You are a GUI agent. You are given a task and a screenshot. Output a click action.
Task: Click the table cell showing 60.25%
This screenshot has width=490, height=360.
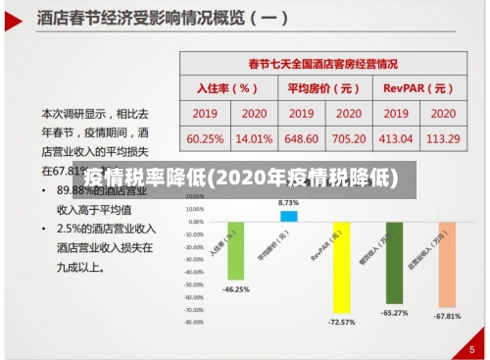pyautogui.click(x=205, y=138)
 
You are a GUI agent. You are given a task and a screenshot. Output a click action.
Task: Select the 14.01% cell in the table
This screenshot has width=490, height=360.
pyautogui.click(x=255, y=138)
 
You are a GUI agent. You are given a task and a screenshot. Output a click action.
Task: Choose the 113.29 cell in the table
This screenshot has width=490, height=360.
pyautogui.click(x=444, y=138)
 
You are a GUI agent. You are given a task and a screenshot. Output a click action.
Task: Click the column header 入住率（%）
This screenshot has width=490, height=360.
pyautogui.click(x=228, y=87)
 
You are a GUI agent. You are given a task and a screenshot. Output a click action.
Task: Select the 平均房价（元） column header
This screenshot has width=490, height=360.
pyautogui.click(x=324, y=87)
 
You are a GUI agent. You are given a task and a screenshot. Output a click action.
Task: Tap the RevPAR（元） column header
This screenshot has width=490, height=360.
pyautogui.click(x=419, y=87)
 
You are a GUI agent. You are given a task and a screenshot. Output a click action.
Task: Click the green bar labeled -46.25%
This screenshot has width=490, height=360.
pyautogui.click(x=235, y=250)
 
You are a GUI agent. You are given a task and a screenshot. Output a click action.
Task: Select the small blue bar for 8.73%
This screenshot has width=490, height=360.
pyautogui.click(x=289, y=216)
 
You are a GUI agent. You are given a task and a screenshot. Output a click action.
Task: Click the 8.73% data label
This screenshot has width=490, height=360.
pyautogui.click(x=289, y=201)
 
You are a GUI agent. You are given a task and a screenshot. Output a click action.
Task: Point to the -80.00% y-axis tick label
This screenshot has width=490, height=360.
pyautogui.click(x=193, y=321)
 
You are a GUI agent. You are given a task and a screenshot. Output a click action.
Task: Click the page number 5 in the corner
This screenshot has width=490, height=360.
pyautogui.click(x=471, y=346)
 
